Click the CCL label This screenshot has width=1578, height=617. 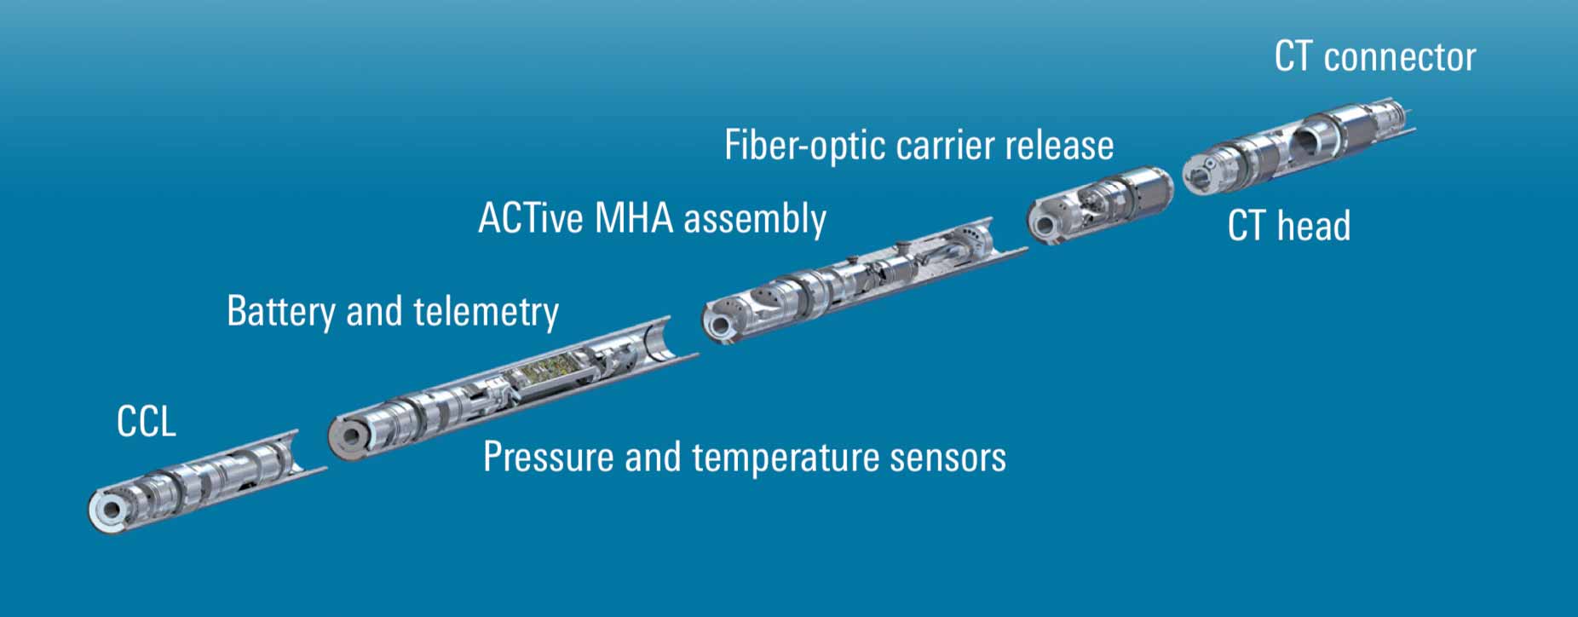[x=147, y=422]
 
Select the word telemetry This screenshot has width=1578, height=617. [x=486, y=311]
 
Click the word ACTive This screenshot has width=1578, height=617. [x=531, y=218]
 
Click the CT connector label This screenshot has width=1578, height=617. [x=1374, y=57]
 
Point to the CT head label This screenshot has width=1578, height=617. [x=1288, y=226]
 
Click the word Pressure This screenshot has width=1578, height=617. [x=548, y=458]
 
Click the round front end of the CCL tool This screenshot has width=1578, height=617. [x=108, y=510]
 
